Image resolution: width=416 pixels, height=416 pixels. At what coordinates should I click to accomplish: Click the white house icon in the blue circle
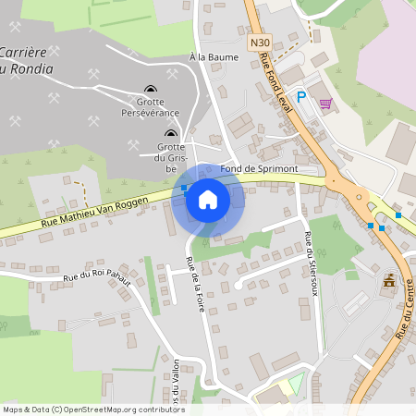pyautogui.click(x=207, y=200)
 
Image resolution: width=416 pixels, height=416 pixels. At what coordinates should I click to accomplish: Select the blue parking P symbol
pyautogui.click(x=301, y=96)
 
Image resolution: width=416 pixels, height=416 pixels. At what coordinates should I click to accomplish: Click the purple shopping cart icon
pyautogui.click(x=324, y=103)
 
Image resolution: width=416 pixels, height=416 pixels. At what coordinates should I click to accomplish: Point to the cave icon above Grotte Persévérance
pyautogui.click(x=151, y=91)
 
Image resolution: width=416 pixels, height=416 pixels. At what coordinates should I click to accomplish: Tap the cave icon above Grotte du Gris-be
pyautogui.click(x=169, y=135)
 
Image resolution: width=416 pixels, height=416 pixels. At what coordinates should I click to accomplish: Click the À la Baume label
pyautogui.click(x=214, y=57)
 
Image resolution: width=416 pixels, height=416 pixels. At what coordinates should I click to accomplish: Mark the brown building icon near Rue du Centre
pyautogui.click(x=389, y=279)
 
